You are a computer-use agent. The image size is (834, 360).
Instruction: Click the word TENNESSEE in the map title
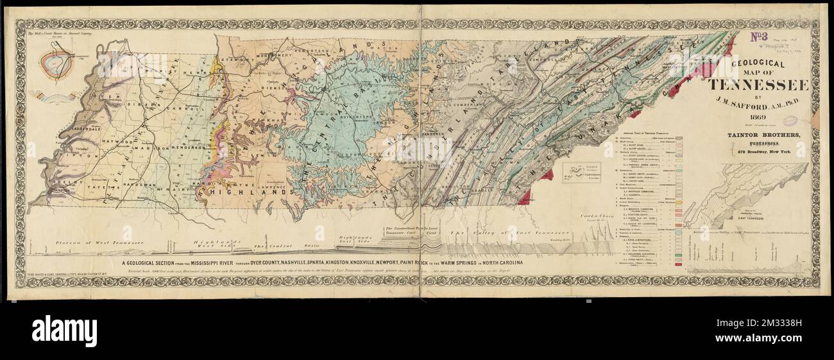pos(758,86)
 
